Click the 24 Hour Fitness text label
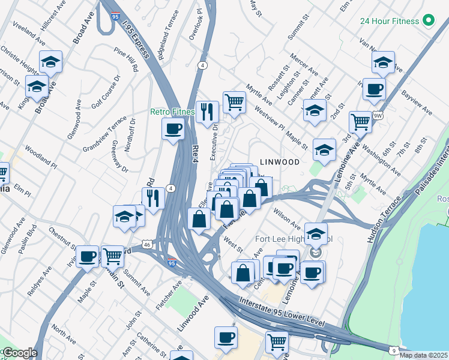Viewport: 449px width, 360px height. tap(389, 21)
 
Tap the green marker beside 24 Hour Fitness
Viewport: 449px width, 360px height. tap(428, 21)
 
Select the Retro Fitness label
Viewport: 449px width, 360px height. tap(172, 112)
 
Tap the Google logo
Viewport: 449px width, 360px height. tap(19, 353)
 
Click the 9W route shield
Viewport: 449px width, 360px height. tap(377, 115)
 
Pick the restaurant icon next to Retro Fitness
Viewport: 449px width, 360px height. tap(207, 111)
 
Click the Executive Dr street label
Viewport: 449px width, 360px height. tap(214, 141)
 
